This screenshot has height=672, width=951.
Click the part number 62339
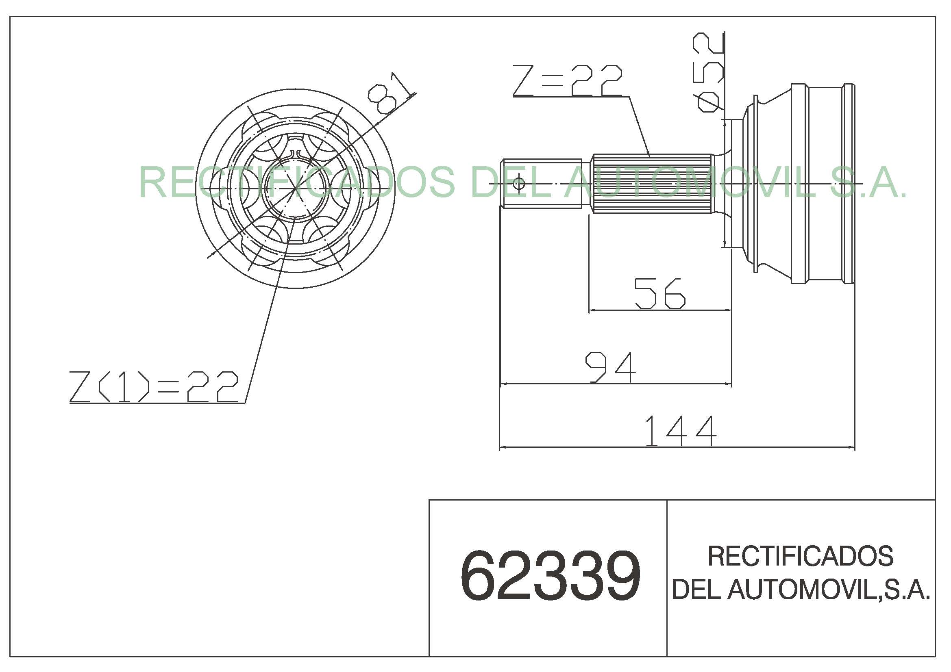(x=550, y=576)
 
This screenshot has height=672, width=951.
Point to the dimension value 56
(x=660, y=293)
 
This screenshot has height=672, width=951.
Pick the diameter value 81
(x=389, y=93)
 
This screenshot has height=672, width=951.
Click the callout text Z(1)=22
(x=154, y=386)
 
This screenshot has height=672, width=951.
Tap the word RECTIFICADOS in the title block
(x=801, y=556)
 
